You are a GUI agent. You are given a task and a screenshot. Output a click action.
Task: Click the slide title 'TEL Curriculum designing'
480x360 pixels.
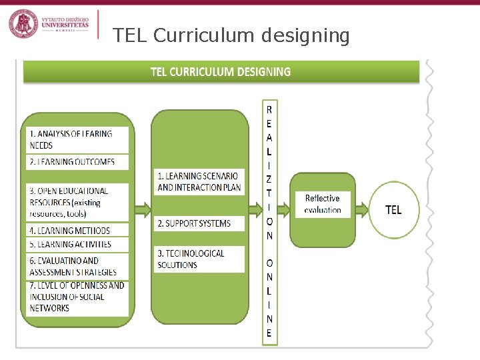(x=231, y=35)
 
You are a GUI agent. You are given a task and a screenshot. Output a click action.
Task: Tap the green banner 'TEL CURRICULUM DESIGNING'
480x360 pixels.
(x=221, y=71)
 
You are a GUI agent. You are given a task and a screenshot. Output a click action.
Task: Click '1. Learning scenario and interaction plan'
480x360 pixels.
(x=199, y=181)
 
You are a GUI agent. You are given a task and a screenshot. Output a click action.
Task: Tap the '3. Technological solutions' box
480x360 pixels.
(x=199, y=259)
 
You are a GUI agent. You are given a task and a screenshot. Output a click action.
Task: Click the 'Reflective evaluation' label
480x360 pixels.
(x=323, y=204)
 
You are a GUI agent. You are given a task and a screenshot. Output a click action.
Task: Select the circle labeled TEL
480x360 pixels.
(x=393, y=210)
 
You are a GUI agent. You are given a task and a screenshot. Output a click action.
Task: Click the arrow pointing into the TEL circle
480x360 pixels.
(x=363, y=210)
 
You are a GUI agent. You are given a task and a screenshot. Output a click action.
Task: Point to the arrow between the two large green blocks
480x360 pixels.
(x=142, y=211)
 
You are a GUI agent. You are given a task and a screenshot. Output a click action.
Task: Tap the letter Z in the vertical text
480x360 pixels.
(x=269, y=179)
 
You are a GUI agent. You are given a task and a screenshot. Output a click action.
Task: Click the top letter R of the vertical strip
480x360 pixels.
(x=269, y=109)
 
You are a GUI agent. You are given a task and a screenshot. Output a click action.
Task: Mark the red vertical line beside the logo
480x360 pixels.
(x=98, y=25)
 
